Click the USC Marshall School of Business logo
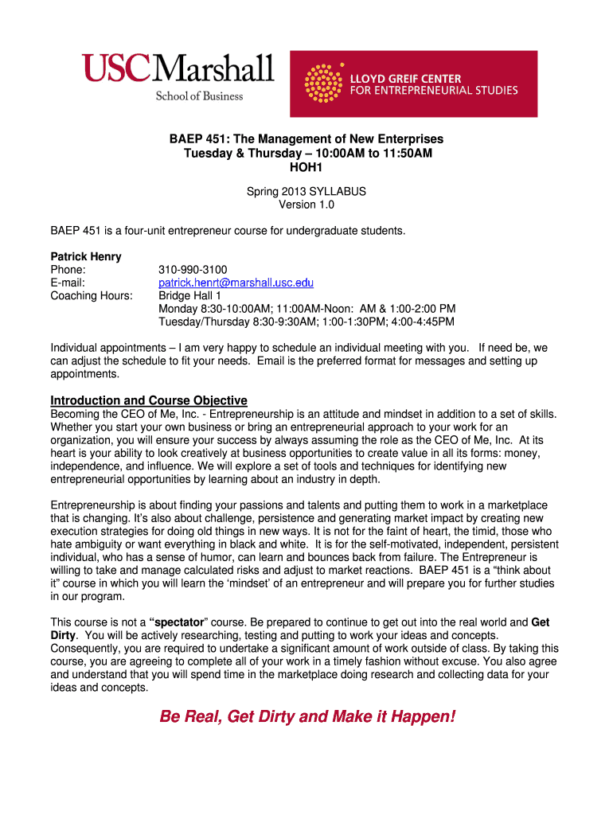pos(178,76)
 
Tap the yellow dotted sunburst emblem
pos(324,84)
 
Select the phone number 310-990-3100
pos(193,270)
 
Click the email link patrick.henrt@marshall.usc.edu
pos(236,283)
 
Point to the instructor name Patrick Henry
pos(86,257)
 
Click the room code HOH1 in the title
pos(306,168)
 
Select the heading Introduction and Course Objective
pos(149,400)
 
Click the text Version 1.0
pos(306,204)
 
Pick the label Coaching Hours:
pos(92,296)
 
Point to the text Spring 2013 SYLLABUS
pos(306,191)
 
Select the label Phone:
pos(68,270)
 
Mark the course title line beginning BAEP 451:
pos(306,139)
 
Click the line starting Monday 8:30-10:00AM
pos(307,309)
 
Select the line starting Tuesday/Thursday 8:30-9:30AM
pos(306,322)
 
